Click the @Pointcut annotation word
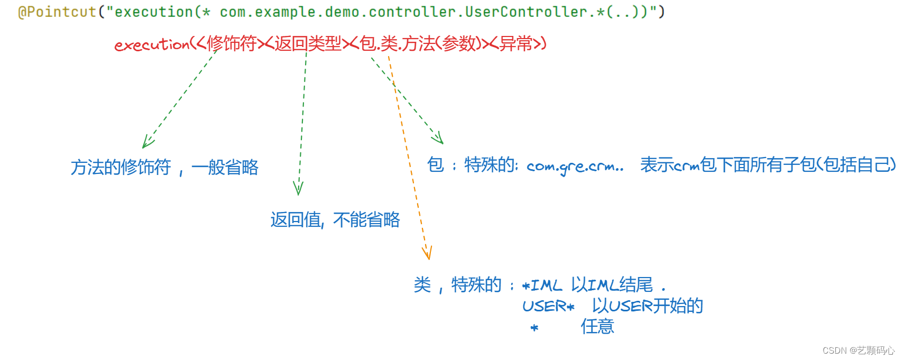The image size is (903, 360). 57,12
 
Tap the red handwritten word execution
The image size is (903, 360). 152,44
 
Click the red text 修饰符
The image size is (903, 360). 232,43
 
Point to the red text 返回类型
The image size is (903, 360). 308,43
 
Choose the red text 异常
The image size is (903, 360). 515,43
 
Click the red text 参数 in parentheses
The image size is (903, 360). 459,43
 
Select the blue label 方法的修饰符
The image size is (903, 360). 121,167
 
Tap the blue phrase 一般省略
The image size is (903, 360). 225,167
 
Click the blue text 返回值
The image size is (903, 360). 296,219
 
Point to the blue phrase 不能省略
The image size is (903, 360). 366,219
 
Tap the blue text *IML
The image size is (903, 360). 542,285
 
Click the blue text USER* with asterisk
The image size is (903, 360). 548,306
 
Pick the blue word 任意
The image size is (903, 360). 597,326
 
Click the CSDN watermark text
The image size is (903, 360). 858,350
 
